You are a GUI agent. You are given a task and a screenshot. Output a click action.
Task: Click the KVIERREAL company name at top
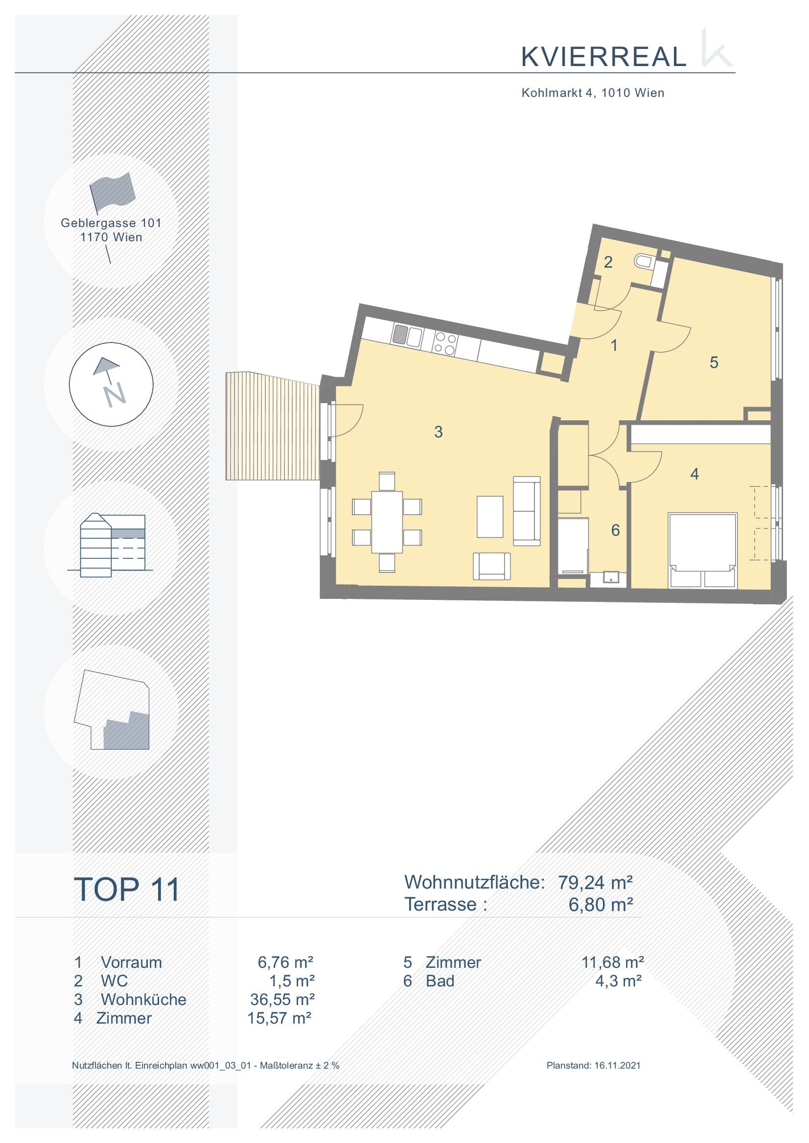(603, 57)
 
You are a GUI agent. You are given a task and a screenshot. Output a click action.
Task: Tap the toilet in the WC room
(644, 261)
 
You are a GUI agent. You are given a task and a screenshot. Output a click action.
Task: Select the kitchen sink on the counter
(407, 335)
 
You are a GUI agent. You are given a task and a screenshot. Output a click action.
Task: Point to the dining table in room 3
(387, 522)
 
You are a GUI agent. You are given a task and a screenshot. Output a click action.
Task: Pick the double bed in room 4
(702, 550)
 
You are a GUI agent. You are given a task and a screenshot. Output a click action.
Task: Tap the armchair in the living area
(492, 566)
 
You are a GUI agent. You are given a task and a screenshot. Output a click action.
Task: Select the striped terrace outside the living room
(273, 426)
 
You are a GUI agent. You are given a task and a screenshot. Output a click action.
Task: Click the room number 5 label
(714, 363)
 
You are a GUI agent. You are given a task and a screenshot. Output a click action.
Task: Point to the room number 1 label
(614, 345)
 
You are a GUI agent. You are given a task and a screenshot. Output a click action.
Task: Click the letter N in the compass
(115, 395)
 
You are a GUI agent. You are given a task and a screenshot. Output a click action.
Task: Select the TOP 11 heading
(127, 890)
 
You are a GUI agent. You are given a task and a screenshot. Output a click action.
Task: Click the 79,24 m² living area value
(595, 882)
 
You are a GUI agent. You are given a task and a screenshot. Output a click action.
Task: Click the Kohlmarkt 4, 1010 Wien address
(593, 92)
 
